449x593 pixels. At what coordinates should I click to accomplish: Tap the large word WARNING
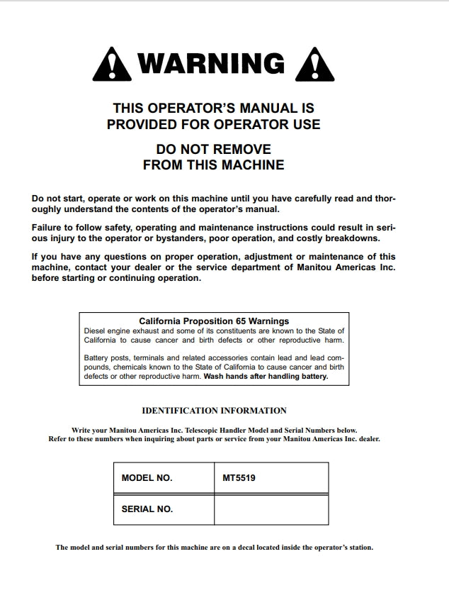pyautogui.click(x=212, y=64)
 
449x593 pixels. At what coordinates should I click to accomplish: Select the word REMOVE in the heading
pyautogui.click(x=238, y=150)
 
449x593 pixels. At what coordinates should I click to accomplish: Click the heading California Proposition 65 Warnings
pyautogui.click(x=214, y=321)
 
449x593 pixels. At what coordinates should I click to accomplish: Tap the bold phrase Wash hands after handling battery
pyautogui.click(x=266, y=377)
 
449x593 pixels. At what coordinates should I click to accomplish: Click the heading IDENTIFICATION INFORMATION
pyautogui.click(x=214, y=411)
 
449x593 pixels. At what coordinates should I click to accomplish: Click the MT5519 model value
pyautogui.click(x=239, y=478)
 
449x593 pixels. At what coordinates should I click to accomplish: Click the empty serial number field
pyautogui.click(x=271, y=509)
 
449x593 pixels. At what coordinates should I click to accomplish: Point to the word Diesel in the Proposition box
pyautogui.click(x=96, y=331)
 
